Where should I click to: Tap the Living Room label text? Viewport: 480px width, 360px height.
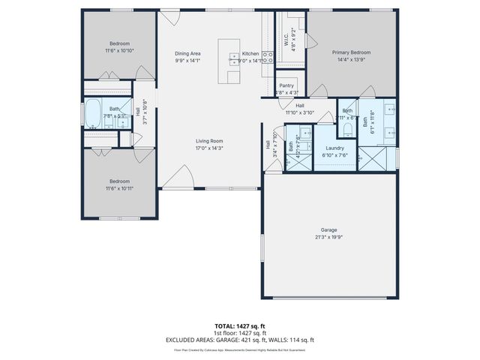pyautogui.click(x=210, y=141)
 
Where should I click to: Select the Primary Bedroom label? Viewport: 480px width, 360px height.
pyautogui.click(x=352, y=52)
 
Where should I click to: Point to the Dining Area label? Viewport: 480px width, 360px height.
pyautogui.click(x=187, y=54)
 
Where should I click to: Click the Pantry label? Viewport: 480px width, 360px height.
pyautogui.click(x=286, y=85)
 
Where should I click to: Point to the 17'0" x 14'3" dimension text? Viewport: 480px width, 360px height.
pyautogui.click(x=210, y=148)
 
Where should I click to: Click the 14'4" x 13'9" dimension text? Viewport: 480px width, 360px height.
pyautogui.click(x=352, y=60)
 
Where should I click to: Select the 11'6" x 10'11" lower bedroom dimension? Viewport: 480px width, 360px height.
pyautogui.click(x=120, y=188)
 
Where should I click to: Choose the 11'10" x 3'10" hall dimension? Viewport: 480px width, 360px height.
pyautogui.click(x=299, y=113)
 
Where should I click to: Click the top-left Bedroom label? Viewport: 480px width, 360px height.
pyautogui.click(x=120, y=43)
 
